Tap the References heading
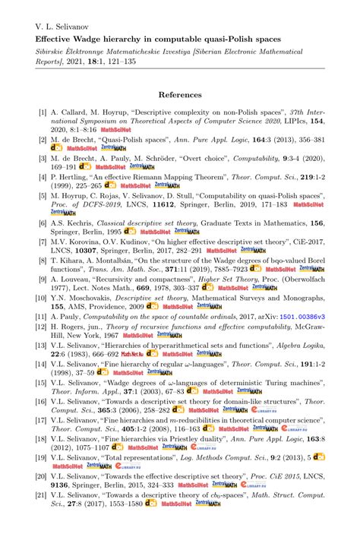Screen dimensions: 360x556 [x=180, y=95]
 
